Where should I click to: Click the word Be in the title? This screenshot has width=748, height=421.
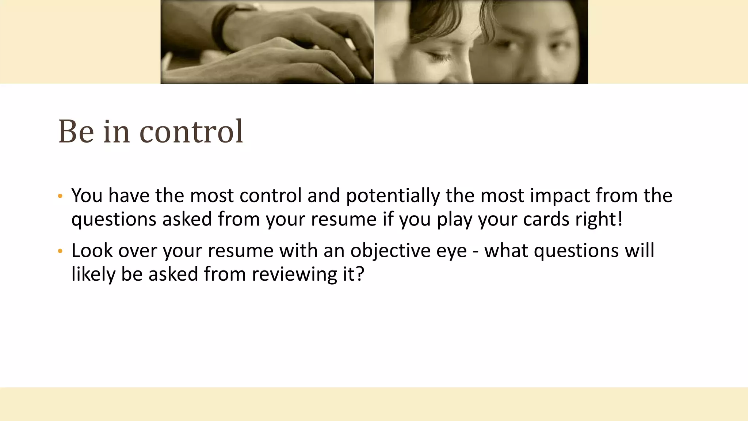(x=76, y=132)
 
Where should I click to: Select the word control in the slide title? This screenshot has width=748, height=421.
(x=191, y=132)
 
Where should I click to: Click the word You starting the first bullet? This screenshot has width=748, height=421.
(x=87, y=196)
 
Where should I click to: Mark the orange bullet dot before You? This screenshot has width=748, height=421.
(x=60, y=196)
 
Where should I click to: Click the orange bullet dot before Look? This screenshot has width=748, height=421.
(x=60, y=251)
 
